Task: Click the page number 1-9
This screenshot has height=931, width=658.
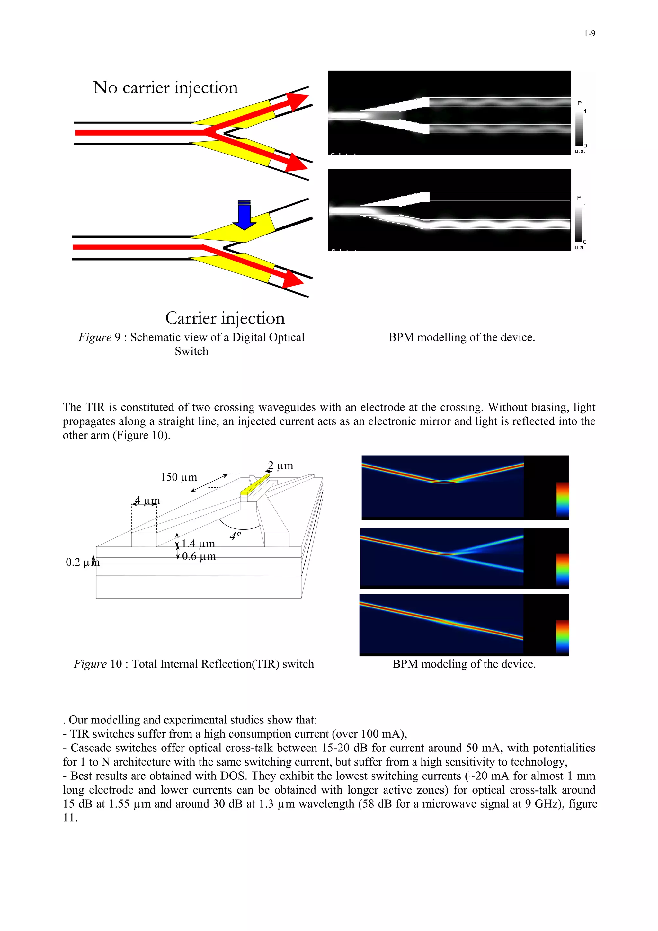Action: pyautogui.click(x=589, y=34)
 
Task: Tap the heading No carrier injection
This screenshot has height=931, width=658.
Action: pyautogui.click(x=165, y=88)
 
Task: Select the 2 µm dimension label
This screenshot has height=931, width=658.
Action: pyautogui.click(x=280, y=465)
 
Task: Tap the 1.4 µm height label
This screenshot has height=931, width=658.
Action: pyautogui.click(x=198, y=543)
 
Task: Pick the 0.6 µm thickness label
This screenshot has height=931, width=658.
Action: pyautogui.click(x=199, y=556)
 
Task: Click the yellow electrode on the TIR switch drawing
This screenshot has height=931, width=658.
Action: pyautogui.click(x=255, y=484)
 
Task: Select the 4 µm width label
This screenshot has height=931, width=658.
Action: pyautogui.click(x=147, y=501)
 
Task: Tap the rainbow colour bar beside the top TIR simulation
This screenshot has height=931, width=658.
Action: pyautogui.click(x=562, y=500)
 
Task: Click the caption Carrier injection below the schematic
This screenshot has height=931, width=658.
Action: pyautogui.click(x=225, y=318)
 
